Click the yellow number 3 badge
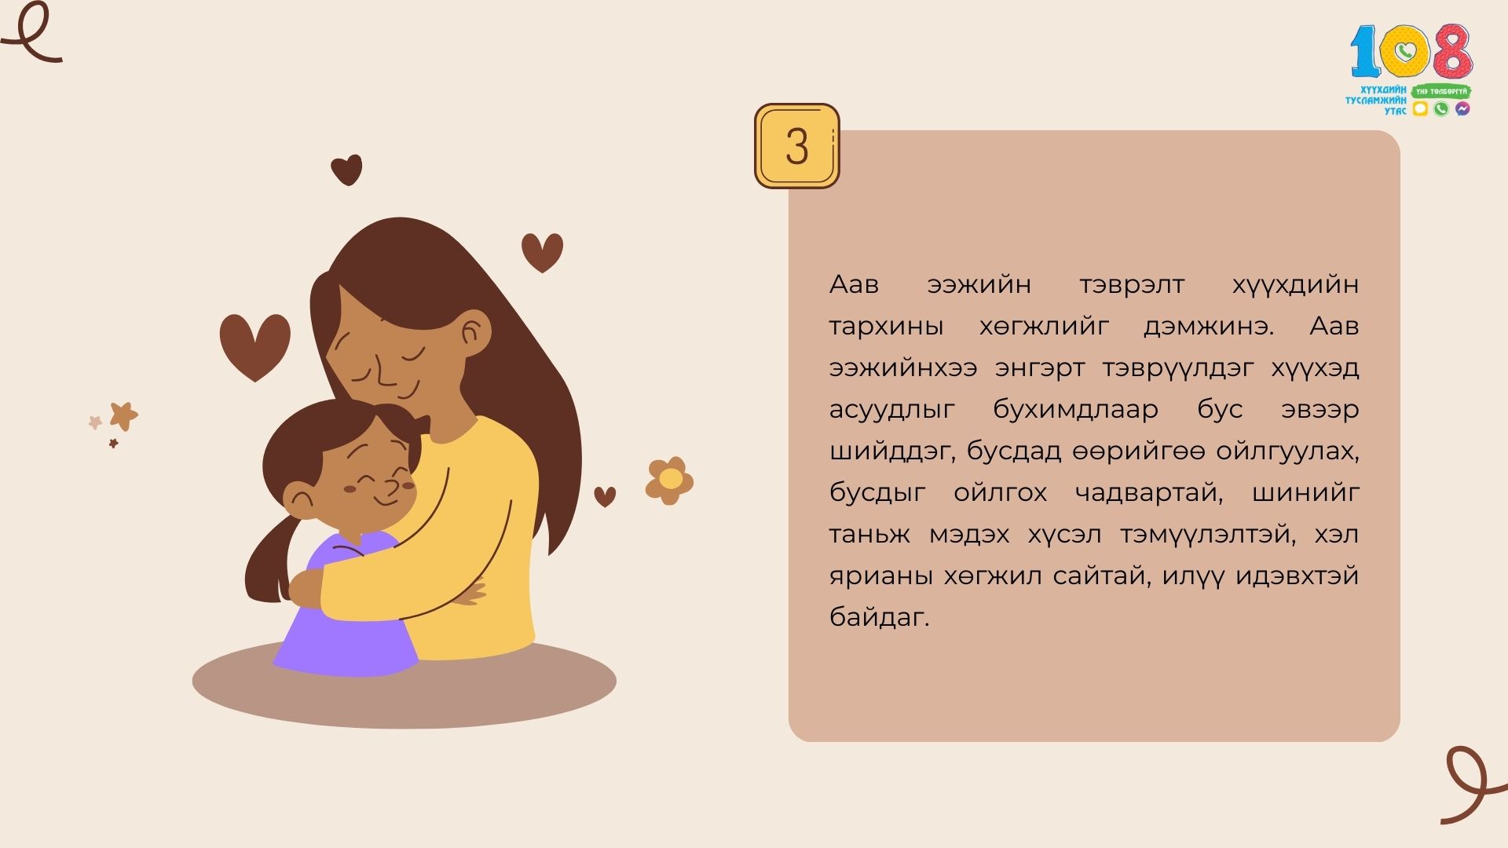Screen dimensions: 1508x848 pos(796,146)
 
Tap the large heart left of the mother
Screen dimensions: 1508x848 pos(254,346)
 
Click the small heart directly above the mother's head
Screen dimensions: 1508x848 pos(346,170)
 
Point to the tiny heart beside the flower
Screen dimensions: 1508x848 pos(605,496)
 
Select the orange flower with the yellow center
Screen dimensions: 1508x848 pos(669,481)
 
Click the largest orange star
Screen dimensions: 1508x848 pos(123,416)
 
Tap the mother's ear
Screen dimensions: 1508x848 pos(472,333)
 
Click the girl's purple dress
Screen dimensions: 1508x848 pos(346,620)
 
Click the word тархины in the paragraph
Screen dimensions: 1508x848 pos(886,327)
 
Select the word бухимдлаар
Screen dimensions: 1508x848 pos(1075,409)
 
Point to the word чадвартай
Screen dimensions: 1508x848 pos(1149,493)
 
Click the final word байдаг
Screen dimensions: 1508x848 pos(879,617)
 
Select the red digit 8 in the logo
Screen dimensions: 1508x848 pos(1451,49)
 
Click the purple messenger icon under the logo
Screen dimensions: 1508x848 pos(1462,109)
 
